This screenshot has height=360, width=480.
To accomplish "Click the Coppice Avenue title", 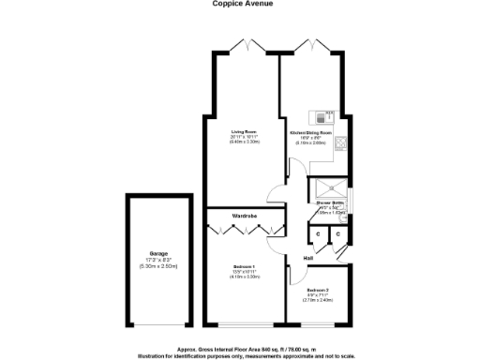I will click(240, 4).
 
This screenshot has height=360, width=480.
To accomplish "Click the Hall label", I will click(307, 257).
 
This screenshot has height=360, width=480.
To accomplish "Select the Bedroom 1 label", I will click(245, 268).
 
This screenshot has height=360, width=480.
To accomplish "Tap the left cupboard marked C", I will click(319, 232).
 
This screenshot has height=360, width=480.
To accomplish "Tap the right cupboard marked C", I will click(337, 232).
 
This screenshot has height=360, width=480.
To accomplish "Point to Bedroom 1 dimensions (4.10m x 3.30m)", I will click(245, 280).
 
